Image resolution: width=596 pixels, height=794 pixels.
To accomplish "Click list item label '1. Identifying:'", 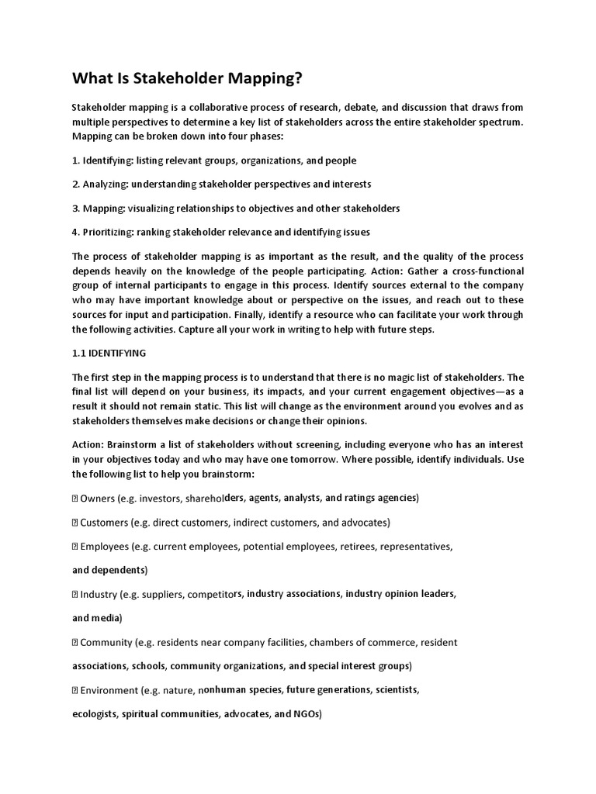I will pyautogui.click(x=102, y=161).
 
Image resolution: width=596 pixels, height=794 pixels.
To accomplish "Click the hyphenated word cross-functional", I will pyautogui.click(x=481, y=271).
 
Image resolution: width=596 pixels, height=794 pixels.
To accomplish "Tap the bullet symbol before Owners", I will pyautogui.click(x=75, y=498).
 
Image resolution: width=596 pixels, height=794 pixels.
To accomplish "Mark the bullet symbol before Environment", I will pyautogui.click(x=75, y=690).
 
